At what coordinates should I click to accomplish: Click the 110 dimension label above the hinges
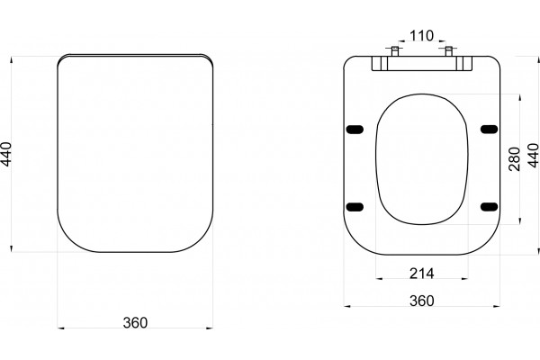(x=421, y=35)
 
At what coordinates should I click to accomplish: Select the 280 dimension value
(x=514, y=158)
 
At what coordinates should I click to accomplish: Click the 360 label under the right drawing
(x=422, y=301)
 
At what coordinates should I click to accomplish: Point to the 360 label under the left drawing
(x=135, y=323)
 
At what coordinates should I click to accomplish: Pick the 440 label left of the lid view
(x=6, y=154)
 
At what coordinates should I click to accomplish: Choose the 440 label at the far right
(x=533, y=156)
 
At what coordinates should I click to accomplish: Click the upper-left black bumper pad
(x=355, y=130)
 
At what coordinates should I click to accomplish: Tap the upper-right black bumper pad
(x=489, y=130)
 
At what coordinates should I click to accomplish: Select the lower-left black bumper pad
(x=355, y=207)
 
